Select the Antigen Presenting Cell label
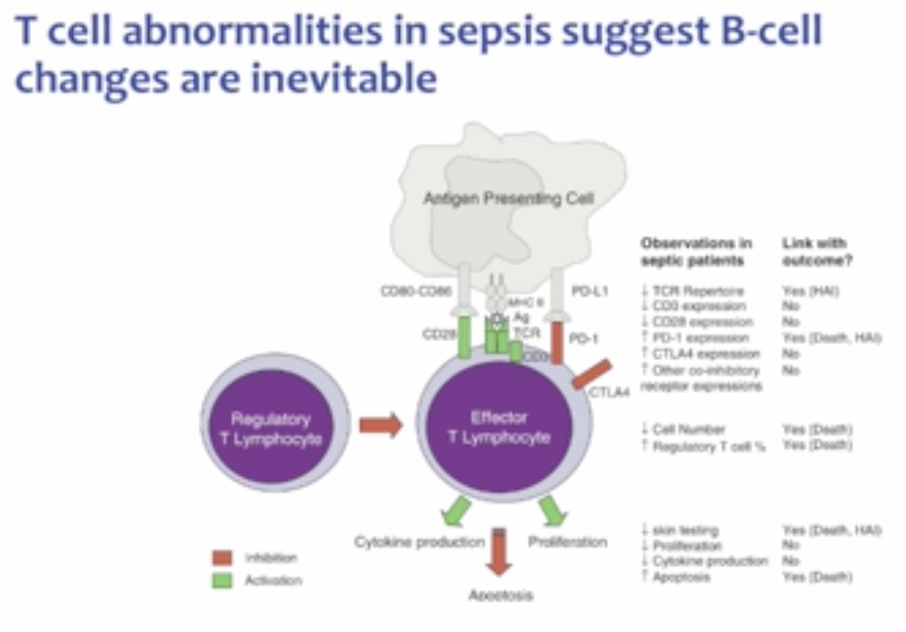click(507, 199)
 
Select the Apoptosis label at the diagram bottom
click(500, 596)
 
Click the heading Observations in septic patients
click(695, 251)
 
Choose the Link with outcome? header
click(815, 251)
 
